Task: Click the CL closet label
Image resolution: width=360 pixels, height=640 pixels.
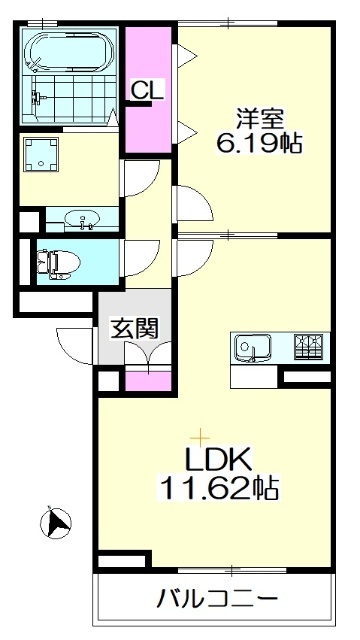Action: tap(147, 89)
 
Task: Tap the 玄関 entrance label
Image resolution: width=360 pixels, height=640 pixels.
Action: tap(130, 327)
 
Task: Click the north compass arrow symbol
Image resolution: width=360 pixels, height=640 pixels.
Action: tap(57, 522)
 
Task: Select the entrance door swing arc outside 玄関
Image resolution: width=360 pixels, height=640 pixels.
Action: tap(78, 345)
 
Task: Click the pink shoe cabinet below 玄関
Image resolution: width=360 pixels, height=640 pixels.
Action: tap(148, 382)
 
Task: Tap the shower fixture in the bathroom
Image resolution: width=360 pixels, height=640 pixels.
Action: tap(38, 98)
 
